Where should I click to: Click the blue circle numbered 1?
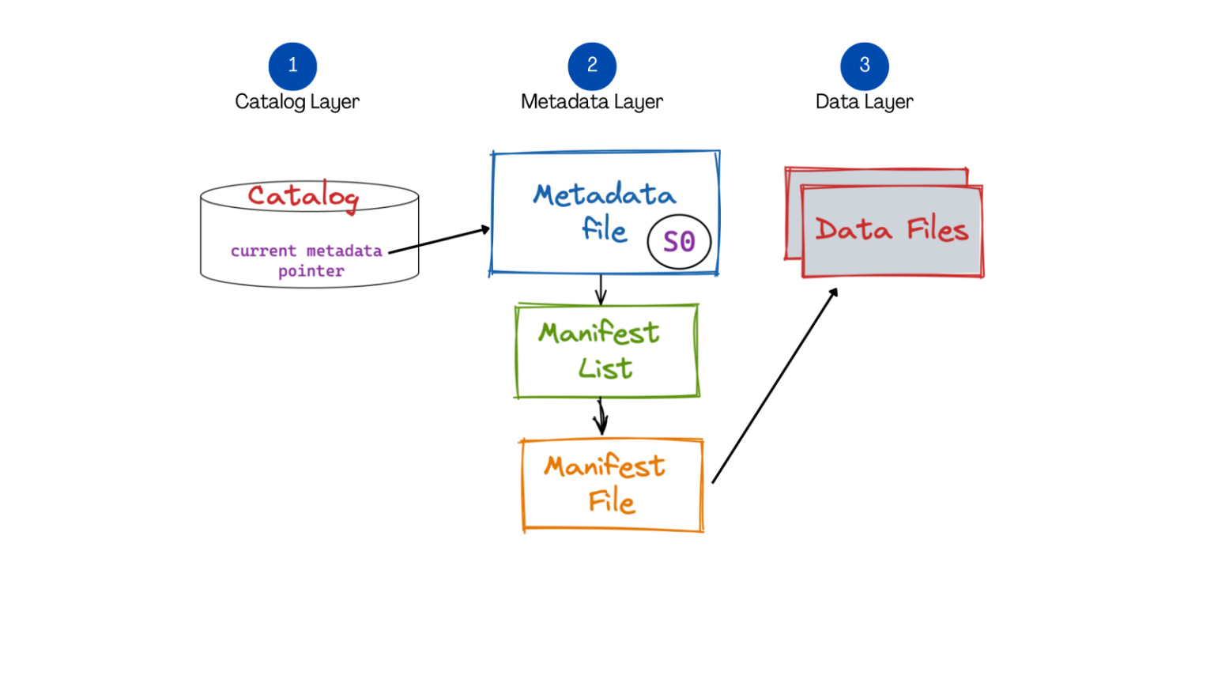click(x=292, y=66)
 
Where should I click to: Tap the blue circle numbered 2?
click(x=592, y=66)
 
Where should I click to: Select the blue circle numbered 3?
click(x=864, y=66)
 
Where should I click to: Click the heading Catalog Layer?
click(x=297, y=102)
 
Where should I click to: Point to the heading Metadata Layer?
click(x=592, y=102)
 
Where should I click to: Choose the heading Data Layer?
click(x=864, y=102)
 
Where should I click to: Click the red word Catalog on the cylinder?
click(x=303, y=196)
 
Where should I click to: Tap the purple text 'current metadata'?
click(x=306, y=251)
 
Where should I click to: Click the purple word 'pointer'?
click(x=311, y=271)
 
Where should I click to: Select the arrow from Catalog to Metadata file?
click(x=439, y=240)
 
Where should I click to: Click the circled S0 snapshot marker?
click(x=679, y=242)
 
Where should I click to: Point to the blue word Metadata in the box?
click(x=605, y=194)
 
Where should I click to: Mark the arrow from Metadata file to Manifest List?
click(x=601, y=289)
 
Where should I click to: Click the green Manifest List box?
click(x=607, y=351)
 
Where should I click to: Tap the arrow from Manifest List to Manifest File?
click(x=601, y=417)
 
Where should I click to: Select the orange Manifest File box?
click(x=612, y=485)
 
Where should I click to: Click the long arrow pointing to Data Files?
click(x=775, y=385)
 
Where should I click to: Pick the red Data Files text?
click(x=892, y=230)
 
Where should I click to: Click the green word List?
click(x=605, y=368)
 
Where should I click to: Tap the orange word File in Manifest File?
click(x=612, y=501)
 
